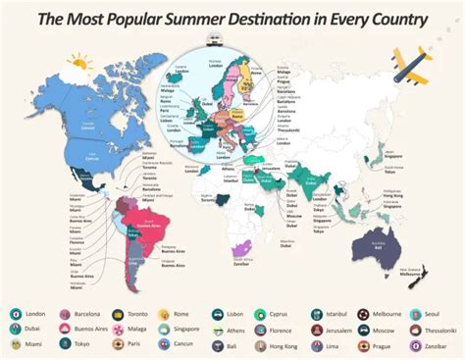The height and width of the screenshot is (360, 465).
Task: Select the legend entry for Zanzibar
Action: pos(433,346)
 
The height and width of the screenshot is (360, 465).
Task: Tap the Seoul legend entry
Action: pos(433,315)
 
